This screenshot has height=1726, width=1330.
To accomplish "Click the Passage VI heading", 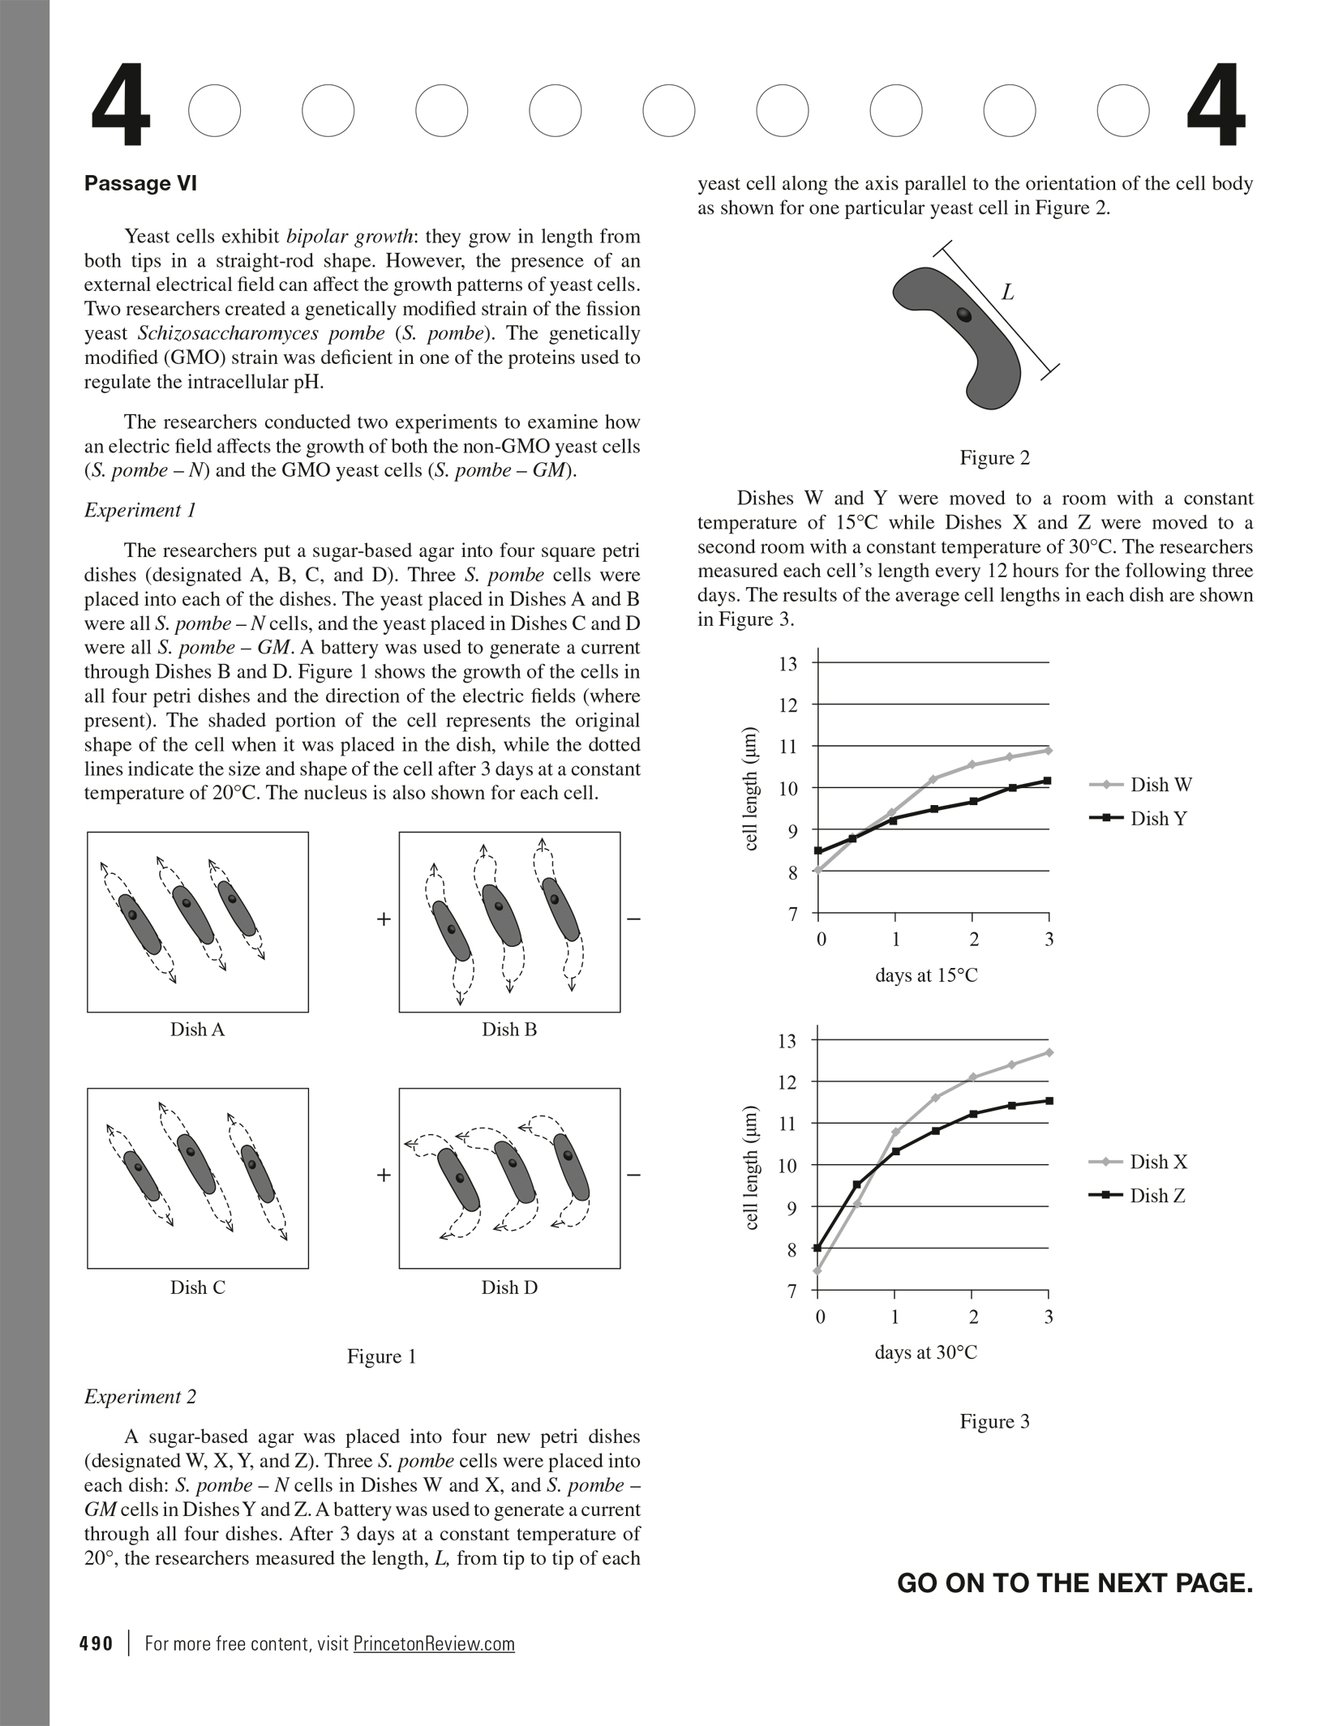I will coord(140,184).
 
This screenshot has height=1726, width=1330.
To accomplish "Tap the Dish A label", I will coord(197,1030).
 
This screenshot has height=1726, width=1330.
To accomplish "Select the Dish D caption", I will coord(509,1287).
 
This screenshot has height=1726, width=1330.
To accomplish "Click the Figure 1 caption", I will coord(381,1356).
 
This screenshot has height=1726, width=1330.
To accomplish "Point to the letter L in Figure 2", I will coord(1007,293).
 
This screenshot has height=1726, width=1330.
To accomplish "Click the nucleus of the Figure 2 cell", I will coord(963,315).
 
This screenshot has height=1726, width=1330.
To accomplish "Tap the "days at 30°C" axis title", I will coord(925,1352).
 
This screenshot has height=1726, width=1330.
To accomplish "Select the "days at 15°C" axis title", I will coord(926,975).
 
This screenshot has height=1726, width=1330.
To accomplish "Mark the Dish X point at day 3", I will coord(1049,1052).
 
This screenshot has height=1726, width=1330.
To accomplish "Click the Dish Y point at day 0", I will coord(818,850).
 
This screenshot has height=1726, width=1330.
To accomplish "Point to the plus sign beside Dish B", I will coord(384,919).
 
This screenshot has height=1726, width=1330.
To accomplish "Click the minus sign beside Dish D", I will coord(634,1175).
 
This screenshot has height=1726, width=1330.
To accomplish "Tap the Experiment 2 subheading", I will coord(140,1397).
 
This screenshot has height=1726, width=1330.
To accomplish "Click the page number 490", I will coord(97,1643).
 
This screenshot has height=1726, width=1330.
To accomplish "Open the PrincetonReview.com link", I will coord(434,1643).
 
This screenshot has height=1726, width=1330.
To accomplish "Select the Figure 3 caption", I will coord(994,1421).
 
